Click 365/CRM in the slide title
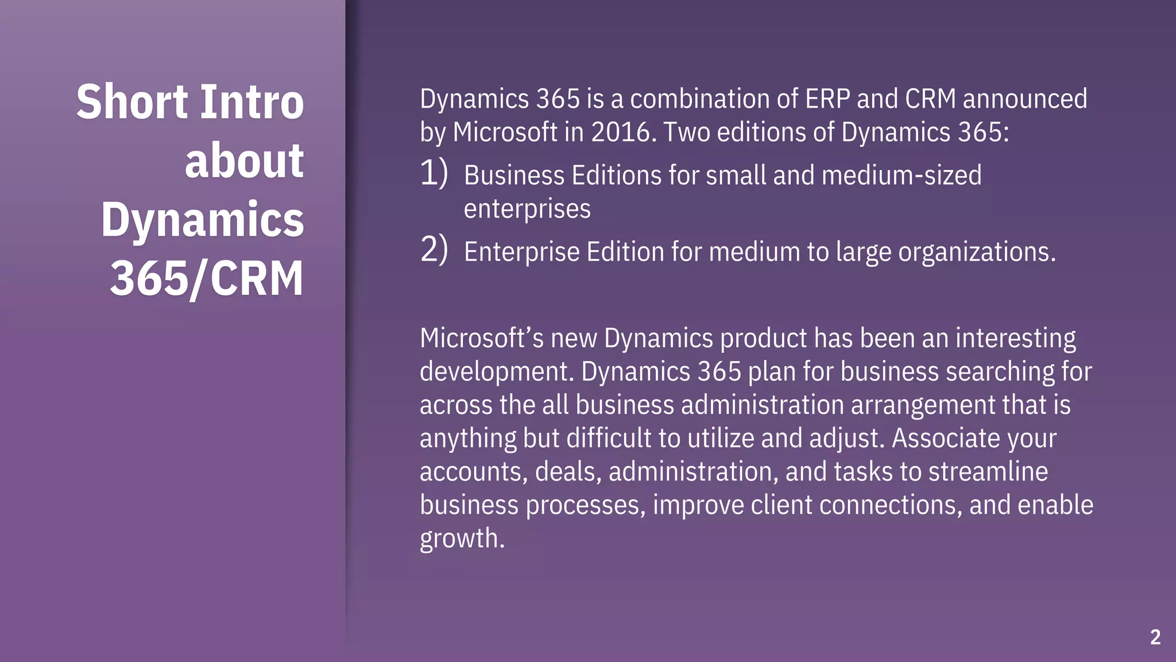206,279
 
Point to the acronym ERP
827,99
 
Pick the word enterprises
527,209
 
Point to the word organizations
976,252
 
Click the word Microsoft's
481,338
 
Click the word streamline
988,472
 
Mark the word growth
462,539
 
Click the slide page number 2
1155,637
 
